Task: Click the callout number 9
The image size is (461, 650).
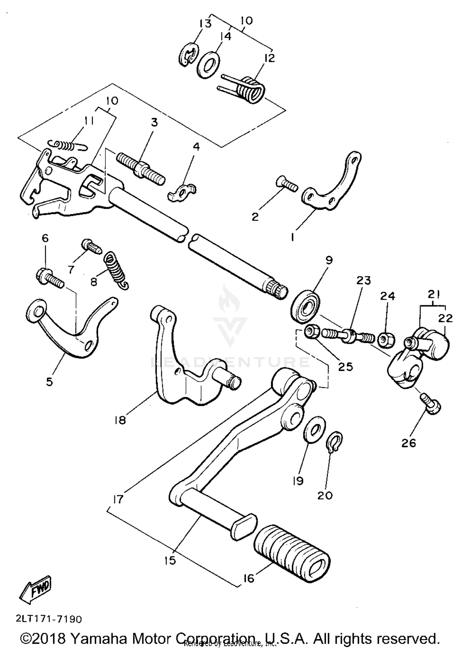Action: [329, 260]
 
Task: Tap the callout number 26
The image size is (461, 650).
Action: [408, 443]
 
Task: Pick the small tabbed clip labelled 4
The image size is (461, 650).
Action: [182, 192]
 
